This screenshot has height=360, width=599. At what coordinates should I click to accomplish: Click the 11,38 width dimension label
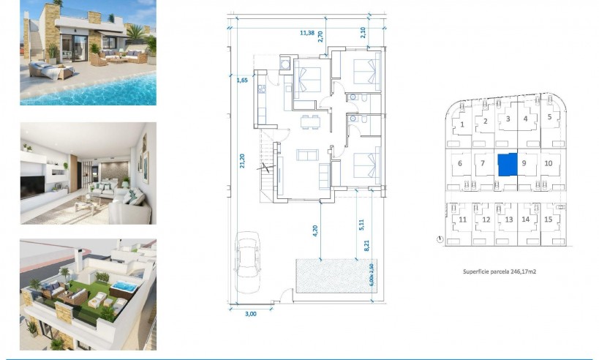(307, 32)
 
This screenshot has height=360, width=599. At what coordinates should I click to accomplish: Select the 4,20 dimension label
(315, 228)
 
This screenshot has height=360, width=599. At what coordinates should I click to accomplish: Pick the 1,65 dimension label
(242, 80)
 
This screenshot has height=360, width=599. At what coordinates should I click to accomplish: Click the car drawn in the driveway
(248, 261)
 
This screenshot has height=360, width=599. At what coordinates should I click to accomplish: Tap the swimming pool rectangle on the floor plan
(331, 275)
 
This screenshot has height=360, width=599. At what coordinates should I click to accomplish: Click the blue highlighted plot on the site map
(507, 164)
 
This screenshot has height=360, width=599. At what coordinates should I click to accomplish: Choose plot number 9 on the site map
(524, 163)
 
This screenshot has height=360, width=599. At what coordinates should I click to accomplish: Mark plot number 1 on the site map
(462, 124)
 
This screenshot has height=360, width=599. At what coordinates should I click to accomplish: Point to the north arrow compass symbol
(438, 239)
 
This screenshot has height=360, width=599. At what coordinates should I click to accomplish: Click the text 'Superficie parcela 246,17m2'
(500, 271)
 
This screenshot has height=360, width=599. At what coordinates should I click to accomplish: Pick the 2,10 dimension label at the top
(363, 32)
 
